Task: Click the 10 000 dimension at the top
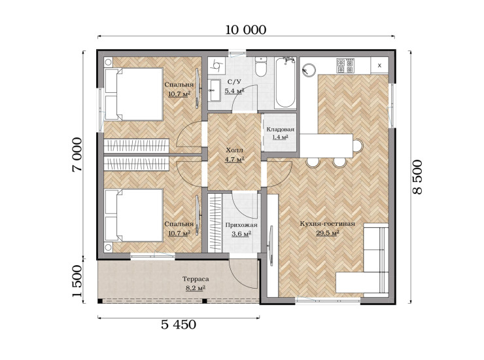[x=246, y=30]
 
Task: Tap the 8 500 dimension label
[x=417, y=177]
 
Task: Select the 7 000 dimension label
[x=77, y=154]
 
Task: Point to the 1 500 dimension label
[x=77, y=281]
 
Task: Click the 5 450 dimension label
[x=179, y=325]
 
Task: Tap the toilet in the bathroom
[x=261, y=67]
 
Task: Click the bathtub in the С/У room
[x=285, y=82]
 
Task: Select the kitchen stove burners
[x=345, y=66]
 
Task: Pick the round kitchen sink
[x=309, y=69]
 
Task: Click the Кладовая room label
[x=281, y=130]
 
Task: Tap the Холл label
[x=235, y=151]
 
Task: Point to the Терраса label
[x=196, y=279]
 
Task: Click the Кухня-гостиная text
[x=328, y=224]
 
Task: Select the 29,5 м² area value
[x=328, y=232]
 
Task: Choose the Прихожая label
[x=241, y=225]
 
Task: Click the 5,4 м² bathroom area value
[x=235, y=91]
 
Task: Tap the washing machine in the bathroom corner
[x=216, y=65]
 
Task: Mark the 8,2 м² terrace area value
[x=196, y=288]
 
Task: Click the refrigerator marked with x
[x=379, y=65]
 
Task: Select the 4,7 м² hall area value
[x=235, y=160]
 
